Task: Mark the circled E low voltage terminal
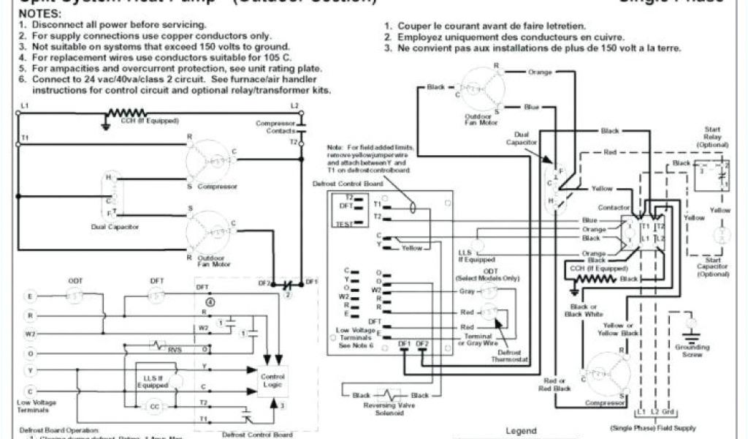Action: [29, 296]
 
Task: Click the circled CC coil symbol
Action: [155, 406]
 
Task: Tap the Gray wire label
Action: [467, 290]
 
